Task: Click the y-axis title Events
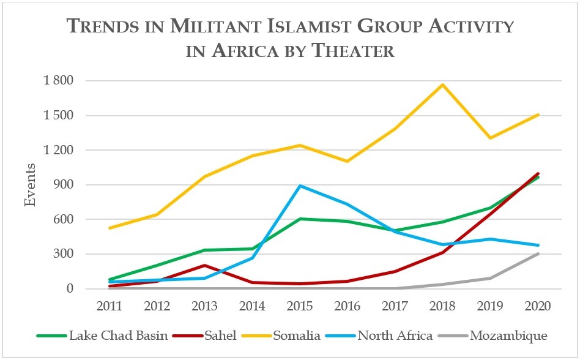pos(30,184)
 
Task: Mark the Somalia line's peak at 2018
pos(442,84)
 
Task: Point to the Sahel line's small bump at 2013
pos(204,265)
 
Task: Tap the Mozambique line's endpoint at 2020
pos(538,253)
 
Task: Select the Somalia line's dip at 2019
pos(490,138)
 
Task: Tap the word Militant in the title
pos(198,27)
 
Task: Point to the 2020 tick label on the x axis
pos(538,305)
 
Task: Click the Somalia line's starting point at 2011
pos(109,228)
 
